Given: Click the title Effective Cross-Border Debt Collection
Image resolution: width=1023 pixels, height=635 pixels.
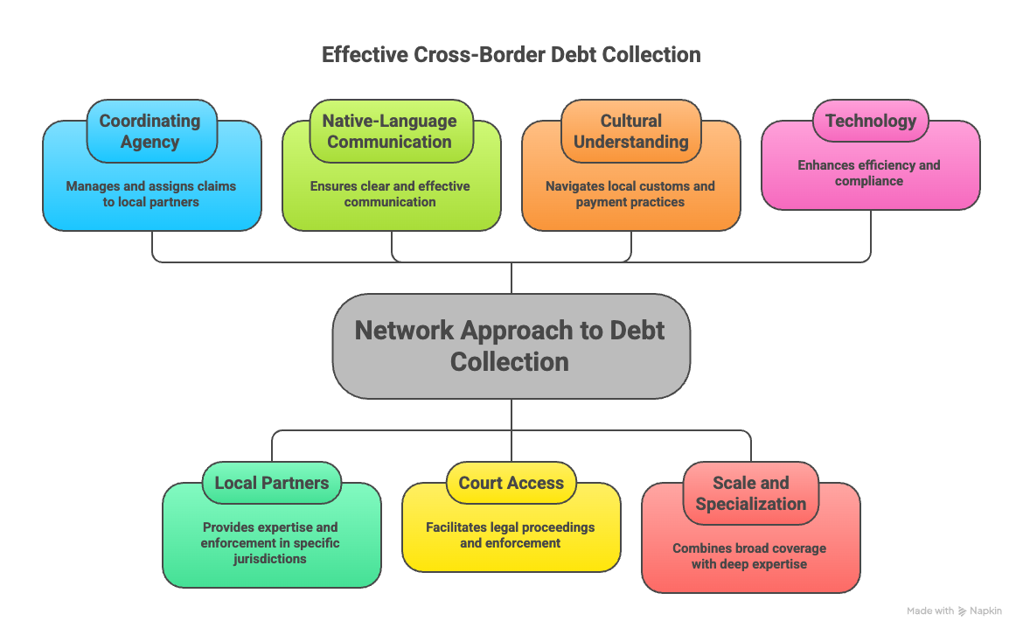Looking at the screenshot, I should tap(511, 54).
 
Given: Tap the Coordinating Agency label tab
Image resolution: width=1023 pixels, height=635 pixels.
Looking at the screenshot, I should tap(150, 131).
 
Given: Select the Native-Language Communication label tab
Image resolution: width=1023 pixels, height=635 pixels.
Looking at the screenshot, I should tap(389, 131).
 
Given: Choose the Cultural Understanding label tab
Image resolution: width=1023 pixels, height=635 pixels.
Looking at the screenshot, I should tap(630, 131).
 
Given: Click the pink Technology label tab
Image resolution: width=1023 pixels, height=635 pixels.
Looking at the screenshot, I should tap(870, 121).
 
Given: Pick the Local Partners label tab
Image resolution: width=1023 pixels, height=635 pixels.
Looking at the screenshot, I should tap(272, 483).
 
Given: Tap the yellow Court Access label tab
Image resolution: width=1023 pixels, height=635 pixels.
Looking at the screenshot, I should tap(511, 483).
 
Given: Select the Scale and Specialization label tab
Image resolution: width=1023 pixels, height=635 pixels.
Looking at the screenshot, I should tap(750, 493).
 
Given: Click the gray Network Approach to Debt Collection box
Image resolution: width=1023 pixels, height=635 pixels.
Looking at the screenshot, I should tap(511, 346).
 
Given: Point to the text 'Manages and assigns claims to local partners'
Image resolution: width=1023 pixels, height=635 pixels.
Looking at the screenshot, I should tap(151, 194).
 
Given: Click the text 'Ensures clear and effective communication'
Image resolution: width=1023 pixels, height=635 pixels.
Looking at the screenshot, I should tap(390, 194).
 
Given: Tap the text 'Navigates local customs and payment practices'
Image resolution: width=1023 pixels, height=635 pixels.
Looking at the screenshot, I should tap(630, 194).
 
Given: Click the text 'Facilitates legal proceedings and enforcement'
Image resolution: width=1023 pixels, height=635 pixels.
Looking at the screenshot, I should tap(511, 534).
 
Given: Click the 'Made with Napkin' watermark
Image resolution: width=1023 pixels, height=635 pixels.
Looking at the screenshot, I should tap(954, 611).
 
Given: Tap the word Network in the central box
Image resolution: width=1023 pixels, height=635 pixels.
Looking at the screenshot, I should tap(404, 331).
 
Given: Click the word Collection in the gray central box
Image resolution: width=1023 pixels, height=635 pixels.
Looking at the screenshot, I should tap(510, 362).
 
